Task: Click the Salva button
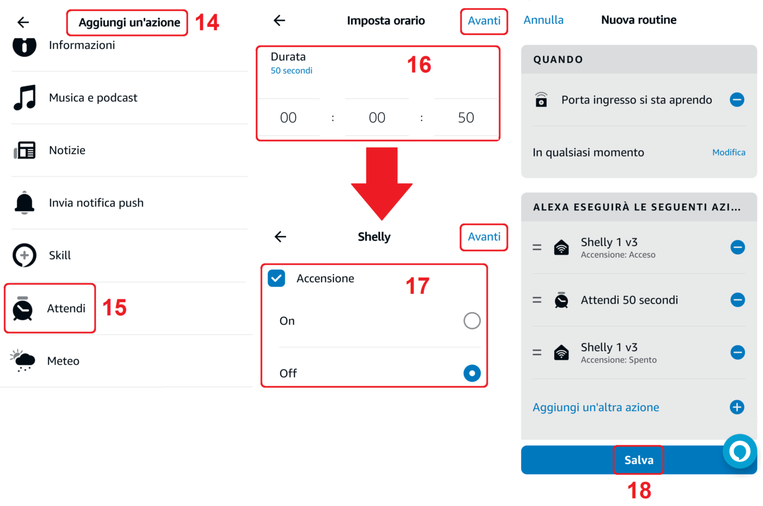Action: click(638, 460)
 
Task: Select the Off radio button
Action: click(472, 373)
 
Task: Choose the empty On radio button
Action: click(472, 321)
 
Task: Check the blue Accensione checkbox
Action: click(276, 279)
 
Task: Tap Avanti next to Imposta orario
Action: click(484, 21)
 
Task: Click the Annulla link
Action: click(543, 20)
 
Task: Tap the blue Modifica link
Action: click(729, 152)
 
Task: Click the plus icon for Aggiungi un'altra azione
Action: click(737, 407)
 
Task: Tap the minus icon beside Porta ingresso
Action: click(737, 99)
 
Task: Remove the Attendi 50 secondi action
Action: click(737, 300)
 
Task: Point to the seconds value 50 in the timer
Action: click(465, 118)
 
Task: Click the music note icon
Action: click(25, 98)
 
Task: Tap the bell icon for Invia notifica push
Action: click(24, 202)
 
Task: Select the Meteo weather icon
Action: click(22, 360)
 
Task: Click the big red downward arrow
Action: click(382, 183)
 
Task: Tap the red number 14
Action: click(207, 22)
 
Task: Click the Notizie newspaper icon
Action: click(25, 150)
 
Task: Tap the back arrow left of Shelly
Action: click(280, 237)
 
